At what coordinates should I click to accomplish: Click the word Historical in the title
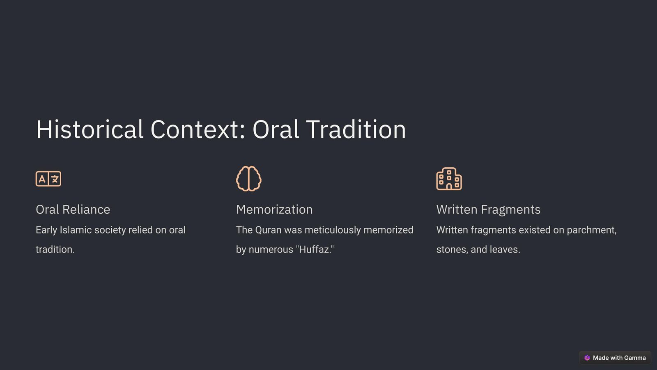pos(90,129)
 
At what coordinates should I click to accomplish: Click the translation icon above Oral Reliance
pos(48,178)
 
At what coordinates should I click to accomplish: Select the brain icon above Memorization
pos(249,178)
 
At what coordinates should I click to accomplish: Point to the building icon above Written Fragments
pos(449,178)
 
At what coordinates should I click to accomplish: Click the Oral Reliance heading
pos(73,209)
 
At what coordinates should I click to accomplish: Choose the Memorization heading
pos(274,209)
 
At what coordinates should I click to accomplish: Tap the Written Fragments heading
pos(488,209)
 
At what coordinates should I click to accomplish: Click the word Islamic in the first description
pos(76,230)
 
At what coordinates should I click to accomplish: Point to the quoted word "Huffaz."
pos(315,249)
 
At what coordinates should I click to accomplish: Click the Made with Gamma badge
pos(615,358)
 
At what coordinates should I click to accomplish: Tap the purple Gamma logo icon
pos(587,358)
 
